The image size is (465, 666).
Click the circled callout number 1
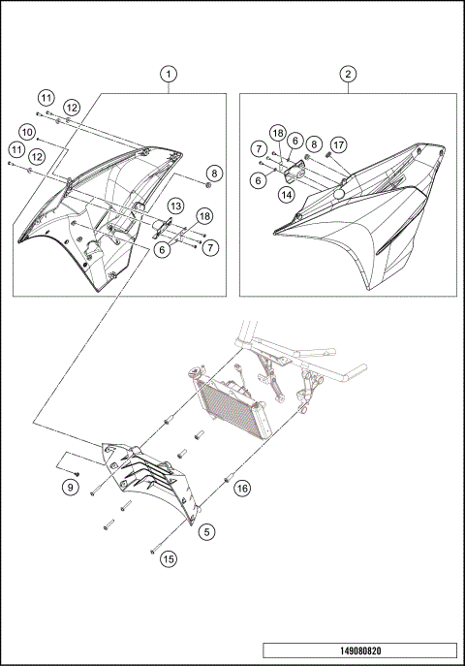tap(170, 75)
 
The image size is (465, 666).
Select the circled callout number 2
tap(348, 75)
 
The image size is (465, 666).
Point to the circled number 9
tap(71, 488)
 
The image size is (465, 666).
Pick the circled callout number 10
tap(26, 130)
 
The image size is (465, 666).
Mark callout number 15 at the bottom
tap(170, 558)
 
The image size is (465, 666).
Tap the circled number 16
tap(243, 490)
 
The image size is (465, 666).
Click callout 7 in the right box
tap(260, 147)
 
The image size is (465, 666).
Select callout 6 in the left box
tap(162, 249)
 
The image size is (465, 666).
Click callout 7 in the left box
tap(210, 247)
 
